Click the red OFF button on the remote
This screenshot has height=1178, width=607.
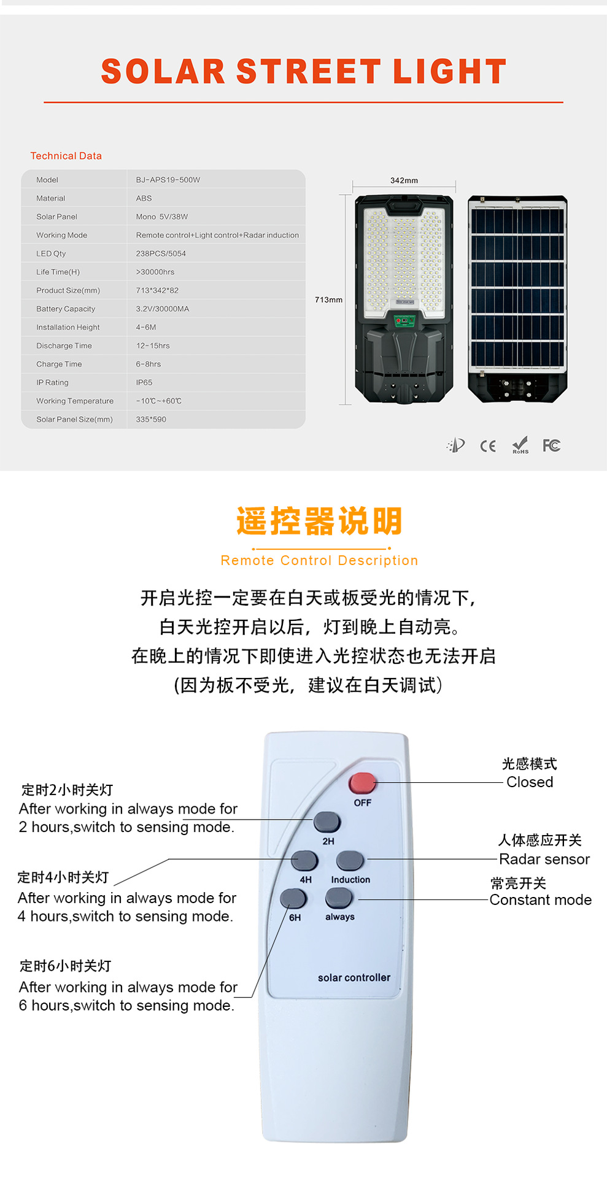(362, 783)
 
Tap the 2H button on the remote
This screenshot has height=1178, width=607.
(327, 822)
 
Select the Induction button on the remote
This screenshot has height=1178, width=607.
(350, 860)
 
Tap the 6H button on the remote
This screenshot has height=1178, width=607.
(293, 899)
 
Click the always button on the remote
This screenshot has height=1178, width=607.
(339, 898)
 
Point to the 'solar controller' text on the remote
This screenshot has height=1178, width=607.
(354, 977)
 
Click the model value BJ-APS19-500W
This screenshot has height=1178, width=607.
(168, 180)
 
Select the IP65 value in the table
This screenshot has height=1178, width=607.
(144, 382)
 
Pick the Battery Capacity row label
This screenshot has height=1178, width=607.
(66, 309)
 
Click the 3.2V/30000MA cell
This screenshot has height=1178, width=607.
(163, 309)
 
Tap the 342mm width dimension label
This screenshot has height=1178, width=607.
(404, 180)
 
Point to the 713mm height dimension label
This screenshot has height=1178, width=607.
(328, 299)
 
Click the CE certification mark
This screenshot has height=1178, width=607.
(488, 446)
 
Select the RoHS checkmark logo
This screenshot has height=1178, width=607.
(520, 445)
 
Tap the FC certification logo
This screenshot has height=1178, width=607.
(551, 445)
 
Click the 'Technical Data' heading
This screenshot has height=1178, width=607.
(66, 156)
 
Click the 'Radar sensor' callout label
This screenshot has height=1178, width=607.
(544, 859)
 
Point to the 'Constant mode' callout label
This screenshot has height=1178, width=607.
(541, 900)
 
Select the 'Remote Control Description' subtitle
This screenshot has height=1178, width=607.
(319, 560)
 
